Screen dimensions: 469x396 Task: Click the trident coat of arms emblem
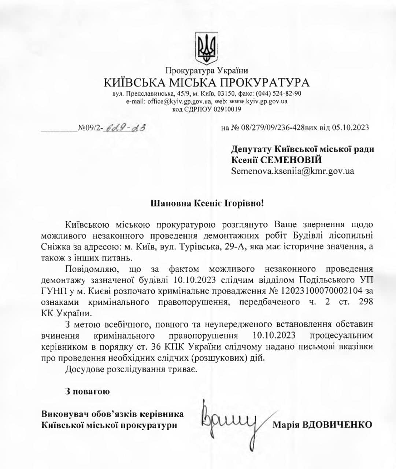(x=207, y=48)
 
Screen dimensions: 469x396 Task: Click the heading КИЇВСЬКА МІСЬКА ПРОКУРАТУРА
(x=207, y=82)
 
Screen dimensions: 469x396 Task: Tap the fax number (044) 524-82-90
(x=279, y=93)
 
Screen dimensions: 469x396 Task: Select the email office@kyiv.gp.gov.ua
(x=177, y=101)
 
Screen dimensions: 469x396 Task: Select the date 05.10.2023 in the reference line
(x=350, y=128)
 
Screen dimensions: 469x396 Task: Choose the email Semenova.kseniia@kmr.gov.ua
(x=292, y=171)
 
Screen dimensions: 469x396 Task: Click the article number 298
(x=366, y=302)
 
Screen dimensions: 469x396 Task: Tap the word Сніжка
(x=54, y=247)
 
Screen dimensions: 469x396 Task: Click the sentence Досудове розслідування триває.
(x=131, y=369)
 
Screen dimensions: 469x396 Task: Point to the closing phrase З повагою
(x=87, y=392)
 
